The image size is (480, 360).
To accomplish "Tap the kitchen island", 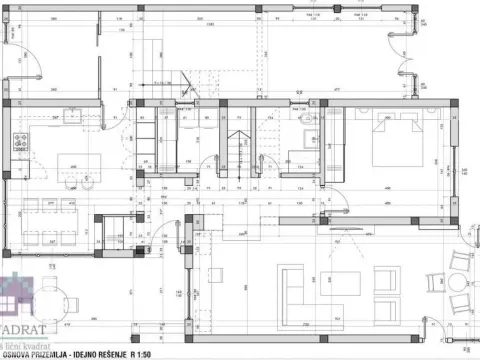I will [72, 162].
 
